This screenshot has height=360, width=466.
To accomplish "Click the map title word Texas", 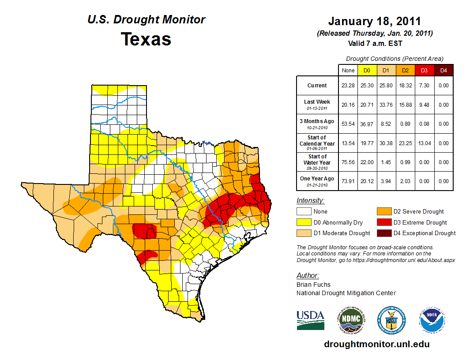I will pyautogui.click(x=146, y=39).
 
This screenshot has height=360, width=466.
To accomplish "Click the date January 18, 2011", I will pyautogui.click(x=374, y=21).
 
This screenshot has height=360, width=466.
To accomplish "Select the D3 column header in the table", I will pyautogui.click(x=424, y=70).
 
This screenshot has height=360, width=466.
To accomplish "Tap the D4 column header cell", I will pyautogui.click(x=443, y=70).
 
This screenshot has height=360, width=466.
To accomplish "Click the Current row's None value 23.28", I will pyautogui.click(x=348, y=86).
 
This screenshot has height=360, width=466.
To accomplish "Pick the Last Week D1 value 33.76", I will pyautogui.click(x=386, y=105).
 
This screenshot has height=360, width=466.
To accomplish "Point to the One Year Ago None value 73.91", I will pyautogui.click(x=348, y=181).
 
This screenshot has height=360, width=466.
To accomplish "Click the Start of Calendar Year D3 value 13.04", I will pyautogui.click(x=424, y=143).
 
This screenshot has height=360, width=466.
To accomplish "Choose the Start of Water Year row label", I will pyautogui.click(x=317, y=162).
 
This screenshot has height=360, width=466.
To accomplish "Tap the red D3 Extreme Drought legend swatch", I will pyautogui.click(x=383, y=222).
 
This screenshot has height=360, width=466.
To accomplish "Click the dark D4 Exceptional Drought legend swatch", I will pyautogui.click(x=383, y=233).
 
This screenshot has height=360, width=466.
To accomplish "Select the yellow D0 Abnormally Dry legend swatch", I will pyautogui.click(x=303, y=222).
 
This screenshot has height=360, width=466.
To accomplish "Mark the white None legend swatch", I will pyautogui.click(x=303, y=212).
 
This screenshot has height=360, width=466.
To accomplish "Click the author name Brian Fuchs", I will pyautogui.click(x=313, y=285).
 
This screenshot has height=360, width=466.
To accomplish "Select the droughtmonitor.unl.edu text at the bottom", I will pyautogui.click(x=376, y=344).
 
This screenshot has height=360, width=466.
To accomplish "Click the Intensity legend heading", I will pyautogui.click(x=310, y=201).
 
